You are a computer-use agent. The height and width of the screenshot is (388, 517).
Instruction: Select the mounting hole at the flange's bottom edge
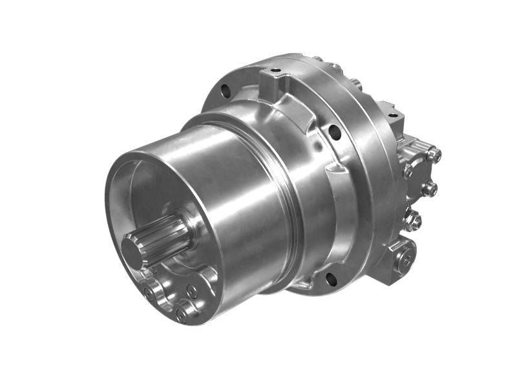[x=331, y=279]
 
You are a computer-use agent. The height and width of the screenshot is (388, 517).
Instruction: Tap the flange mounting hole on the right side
[x=334, y=133]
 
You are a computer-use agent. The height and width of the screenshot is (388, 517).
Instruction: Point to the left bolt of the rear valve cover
[x=408, y=171]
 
